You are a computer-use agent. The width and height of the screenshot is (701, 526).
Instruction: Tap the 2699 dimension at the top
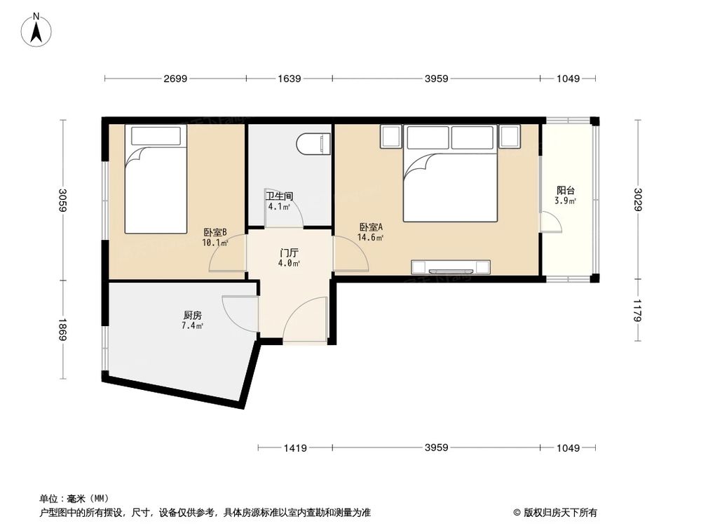175,79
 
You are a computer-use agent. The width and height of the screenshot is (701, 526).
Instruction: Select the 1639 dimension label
290,79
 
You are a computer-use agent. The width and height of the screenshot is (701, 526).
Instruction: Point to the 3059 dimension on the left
62,201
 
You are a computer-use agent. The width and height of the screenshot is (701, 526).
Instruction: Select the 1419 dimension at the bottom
295,447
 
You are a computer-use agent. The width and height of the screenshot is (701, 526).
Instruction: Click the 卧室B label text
215,233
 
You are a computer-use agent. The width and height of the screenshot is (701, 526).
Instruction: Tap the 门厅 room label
289,252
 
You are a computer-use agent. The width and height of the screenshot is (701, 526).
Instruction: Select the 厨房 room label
193,316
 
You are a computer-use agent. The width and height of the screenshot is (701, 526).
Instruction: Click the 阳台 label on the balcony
566,190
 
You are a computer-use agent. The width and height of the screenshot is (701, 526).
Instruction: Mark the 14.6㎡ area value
371,238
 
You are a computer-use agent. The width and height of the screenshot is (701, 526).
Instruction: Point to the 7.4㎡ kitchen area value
193,326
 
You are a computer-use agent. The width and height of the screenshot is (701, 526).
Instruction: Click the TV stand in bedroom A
450,267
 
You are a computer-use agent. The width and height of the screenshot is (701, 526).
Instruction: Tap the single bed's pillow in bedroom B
155,135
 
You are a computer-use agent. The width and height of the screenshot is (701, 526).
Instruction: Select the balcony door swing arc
551,222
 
